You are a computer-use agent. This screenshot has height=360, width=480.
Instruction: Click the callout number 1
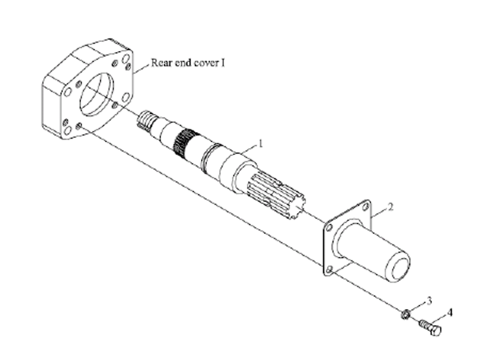261,143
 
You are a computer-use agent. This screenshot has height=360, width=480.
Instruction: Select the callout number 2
391,207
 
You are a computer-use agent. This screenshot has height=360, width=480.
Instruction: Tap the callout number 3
429,301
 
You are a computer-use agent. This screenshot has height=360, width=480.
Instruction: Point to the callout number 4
449,313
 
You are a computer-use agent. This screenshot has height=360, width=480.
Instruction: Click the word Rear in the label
162,63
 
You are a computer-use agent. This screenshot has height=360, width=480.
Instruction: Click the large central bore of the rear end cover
96,95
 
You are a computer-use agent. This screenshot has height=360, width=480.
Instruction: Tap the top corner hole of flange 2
365,207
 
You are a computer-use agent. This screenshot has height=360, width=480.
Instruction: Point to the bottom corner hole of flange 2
329,270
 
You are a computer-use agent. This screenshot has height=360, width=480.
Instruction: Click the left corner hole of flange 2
329,229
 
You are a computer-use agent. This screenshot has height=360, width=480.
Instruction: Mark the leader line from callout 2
380,212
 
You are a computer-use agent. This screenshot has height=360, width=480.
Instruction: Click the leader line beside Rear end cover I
142,68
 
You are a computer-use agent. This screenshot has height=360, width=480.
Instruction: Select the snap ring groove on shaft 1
209,157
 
